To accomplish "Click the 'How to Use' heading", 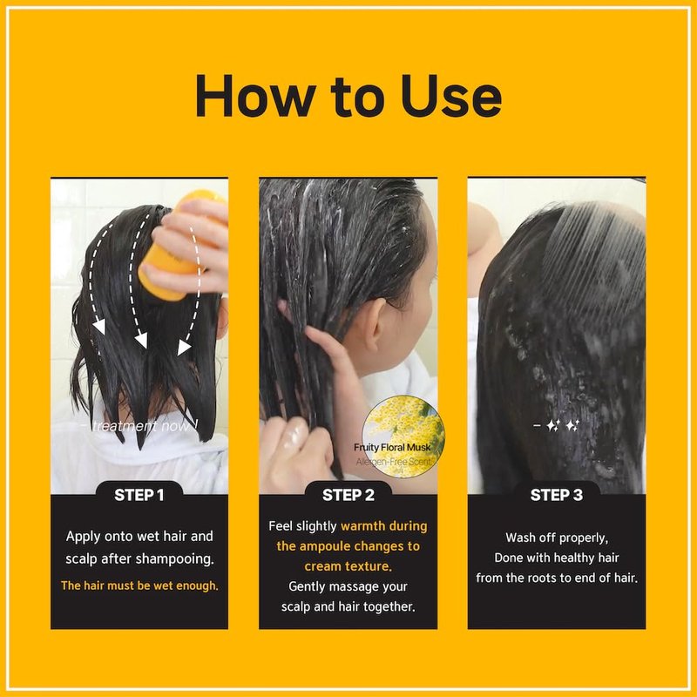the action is tap(348, 96).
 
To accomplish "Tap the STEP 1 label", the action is tap(139, 495).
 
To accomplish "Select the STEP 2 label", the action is tap(348, 495).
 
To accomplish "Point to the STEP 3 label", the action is tap(557, 495).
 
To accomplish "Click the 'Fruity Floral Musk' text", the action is tap(392, 447).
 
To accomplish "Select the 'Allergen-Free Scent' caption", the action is tap(394, 462).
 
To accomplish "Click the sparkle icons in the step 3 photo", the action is tap(562, 426).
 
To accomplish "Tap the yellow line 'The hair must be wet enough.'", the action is tap(139, 585).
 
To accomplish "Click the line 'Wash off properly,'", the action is tap(557, 538).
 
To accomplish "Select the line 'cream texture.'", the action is tap(348, 566).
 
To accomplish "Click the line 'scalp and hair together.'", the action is tap(348, 606).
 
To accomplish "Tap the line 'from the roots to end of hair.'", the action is tap(557, 578).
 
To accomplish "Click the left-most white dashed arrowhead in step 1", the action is tap(98, 327).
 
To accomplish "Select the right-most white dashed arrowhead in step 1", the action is tap(184, 348).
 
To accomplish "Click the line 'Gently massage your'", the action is tap(348, 586).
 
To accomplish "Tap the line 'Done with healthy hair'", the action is tap(557, 558).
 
